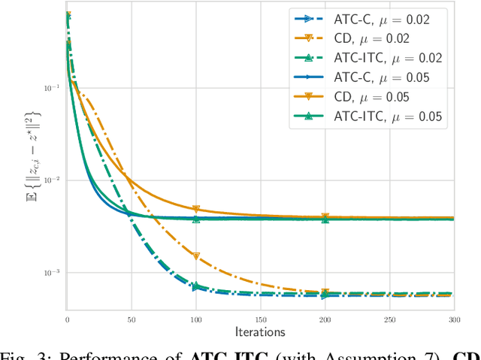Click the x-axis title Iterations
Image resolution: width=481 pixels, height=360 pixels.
tap(260, 331)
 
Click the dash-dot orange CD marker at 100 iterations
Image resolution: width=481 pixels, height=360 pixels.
tap(196, 256)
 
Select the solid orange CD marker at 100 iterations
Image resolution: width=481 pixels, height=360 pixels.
tap(196, 210)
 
